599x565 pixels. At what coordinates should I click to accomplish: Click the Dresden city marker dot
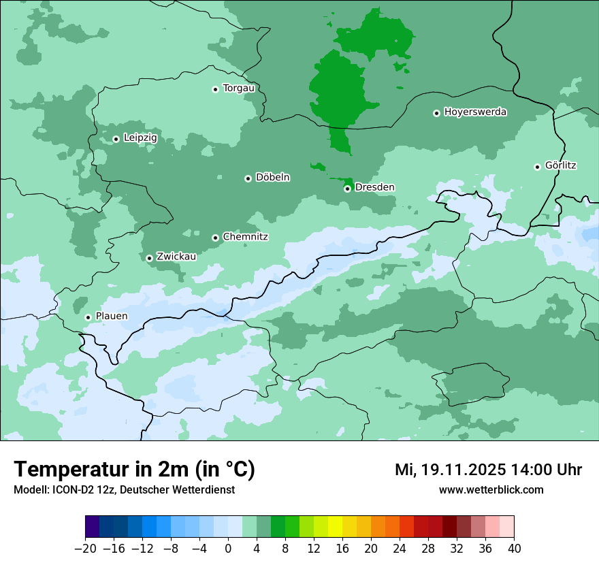pyautogui.click(x=347, y=189)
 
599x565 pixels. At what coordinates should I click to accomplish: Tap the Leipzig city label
pyautogui.click(x=140, y=138)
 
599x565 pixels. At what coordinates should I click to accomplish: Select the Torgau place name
pyautogui.click(x=239, y=88)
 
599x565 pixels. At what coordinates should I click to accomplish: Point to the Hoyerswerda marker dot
pyautogui.click(x=436, y=113)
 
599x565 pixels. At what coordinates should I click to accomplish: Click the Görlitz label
pyautogui.click(x=561, y=165)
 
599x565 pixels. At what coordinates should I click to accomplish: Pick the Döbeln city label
pyautogui.click(x=272, y=178)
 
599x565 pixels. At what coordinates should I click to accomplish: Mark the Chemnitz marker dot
pyautogui.click(x=215, y=238)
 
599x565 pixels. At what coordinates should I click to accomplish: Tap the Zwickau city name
pyautogui.click(x=176, y=257)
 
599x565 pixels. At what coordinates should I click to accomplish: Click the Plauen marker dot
pyautogui.click(x=88, y=317)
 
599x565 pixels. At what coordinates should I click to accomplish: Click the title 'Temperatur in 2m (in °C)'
pyautogui.click(x=134, y=470)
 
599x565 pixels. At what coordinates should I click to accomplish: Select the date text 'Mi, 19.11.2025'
pyautogui.click(x=449, y=470)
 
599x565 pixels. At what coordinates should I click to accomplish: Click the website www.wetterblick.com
pyautogui.click(x=491, y=489)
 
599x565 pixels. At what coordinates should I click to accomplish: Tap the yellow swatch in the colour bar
pyautogui.click(x=335, y=528)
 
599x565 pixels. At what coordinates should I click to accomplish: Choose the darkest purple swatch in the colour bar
pyautogui.click(x=93, y=528)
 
